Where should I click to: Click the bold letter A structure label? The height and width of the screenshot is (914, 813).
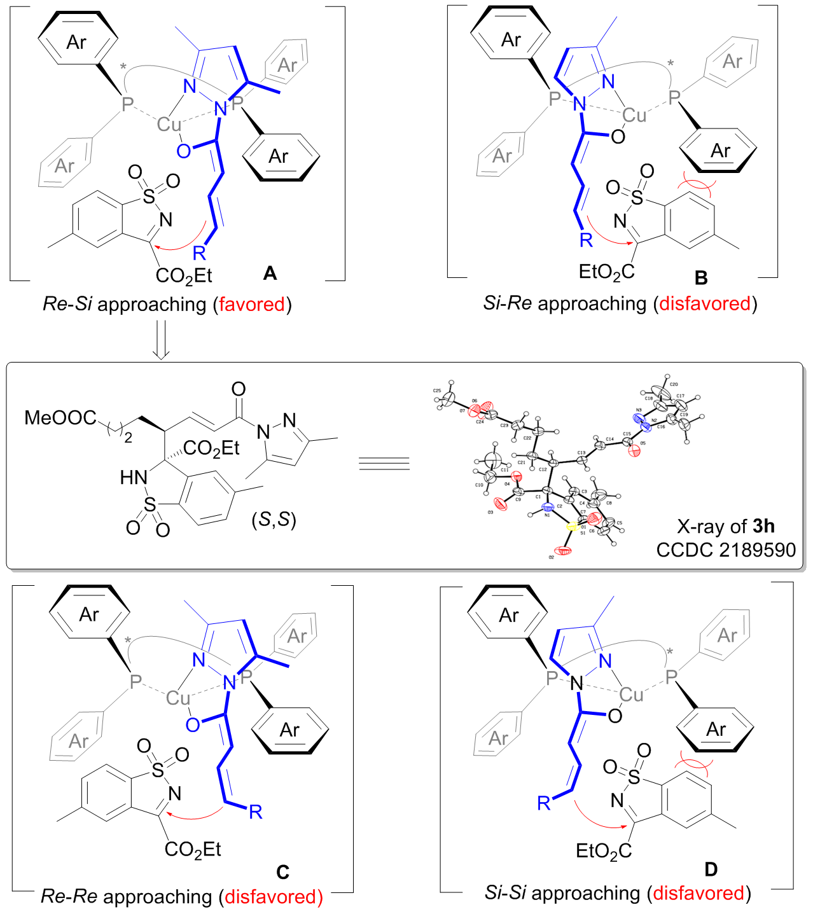coord(270,274)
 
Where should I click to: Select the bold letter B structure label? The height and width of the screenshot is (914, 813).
coord(701,277)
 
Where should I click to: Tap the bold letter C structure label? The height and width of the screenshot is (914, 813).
coord(282,872)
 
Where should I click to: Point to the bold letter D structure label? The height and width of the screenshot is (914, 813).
coord(711,869)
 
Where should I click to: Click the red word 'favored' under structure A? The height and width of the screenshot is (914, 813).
coord(252,304)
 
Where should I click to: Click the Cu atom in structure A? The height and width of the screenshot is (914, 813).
coord(170,124)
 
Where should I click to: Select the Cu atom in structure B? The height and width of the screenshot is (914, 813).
coord(634,115)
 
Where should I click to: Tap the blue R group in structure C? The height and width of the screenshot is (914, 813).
coord(256,812)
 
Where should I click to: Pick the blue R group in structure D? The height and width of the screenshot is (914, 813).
coord(544,803)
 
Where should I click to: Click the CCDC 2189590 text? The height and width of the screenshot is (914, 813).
coord(726,550)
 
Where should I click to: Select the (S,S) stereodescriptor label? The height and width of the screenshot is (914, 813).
coord(274,520)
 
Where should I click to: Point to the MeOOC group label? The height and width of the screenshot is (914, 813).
coord(60,418)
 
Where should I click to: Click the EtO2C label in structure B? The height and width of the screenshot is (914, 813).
coord(606,272)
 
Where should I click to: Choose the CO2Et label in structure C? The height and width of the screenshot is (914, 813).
coord(193,849)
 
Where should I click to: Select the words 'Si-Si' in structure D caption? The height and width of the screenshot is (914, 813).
coord(504,893)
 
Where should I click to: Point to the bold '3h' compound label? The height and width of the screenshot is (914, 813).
coord(763,526)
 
